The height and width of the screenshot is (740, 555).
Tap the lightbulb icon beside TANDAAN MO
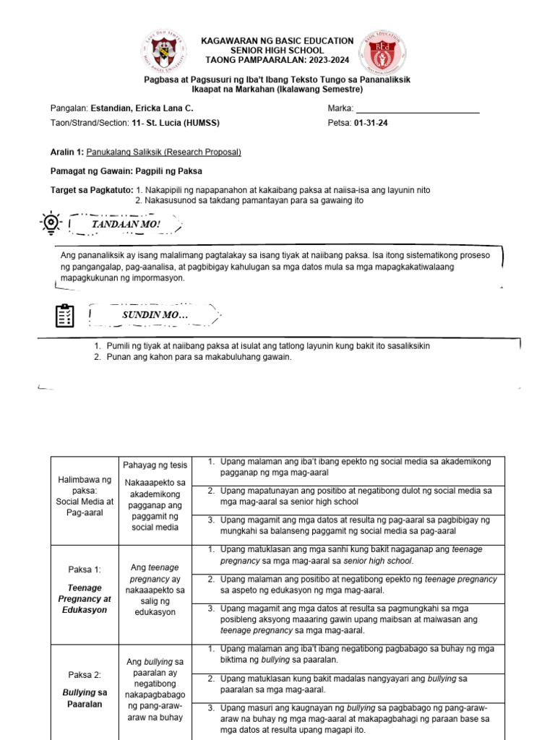tap(50, 223)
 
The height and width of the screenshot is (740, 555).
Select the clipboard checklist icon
tap(64, 316)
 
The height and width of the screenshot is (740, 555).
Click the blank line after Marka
tap(418, 108)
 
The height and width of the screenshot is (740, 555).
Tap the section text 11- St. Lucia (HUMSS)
tap(176, 123)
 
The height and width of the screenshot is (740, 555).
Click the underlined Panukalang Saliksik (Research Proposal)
tap(163, 152)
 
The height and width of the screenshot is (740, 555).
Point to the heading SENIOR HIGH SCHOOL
tap(277, 50)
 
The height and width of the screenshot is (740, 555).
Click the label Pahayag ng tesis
tap(155, 464)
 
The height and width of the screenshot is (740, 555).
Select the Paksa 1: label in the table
tap(85, 569)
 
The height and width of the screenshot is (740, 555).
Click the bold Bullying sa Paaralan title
tap(85, 698)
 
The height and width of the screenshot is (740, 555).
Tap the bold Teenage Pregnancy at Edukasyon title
tap(85, 598)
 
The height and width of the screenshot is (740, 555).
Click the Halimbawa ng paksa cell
tap(85, 496)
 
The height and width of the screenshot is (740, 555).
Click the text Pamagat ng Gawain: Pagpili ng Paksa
tap(126, 171)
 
